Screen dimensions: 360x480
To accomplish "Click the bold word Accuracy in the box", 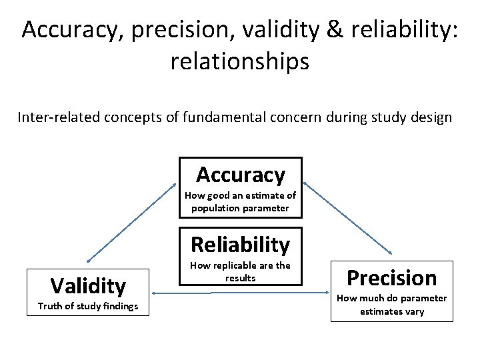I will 240,175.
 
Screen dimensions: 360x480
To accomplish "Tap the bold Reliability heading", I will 240,245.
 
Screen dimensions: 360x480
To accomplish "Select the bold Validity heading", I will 88,286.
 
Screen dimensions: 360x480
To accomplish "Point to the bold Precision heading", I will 392,278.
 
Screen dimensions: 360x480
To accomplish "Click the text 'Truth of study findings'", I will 88,306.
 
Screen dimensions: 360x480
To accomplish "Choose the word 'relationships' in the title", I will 240,61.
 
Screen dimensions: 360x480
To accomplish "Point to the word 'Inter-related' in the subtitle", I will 53,118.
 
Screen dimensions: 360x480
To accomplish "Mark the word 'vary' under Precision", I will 414,311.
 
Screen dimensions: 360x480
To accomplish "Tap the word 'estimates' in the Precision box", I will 381,311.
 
